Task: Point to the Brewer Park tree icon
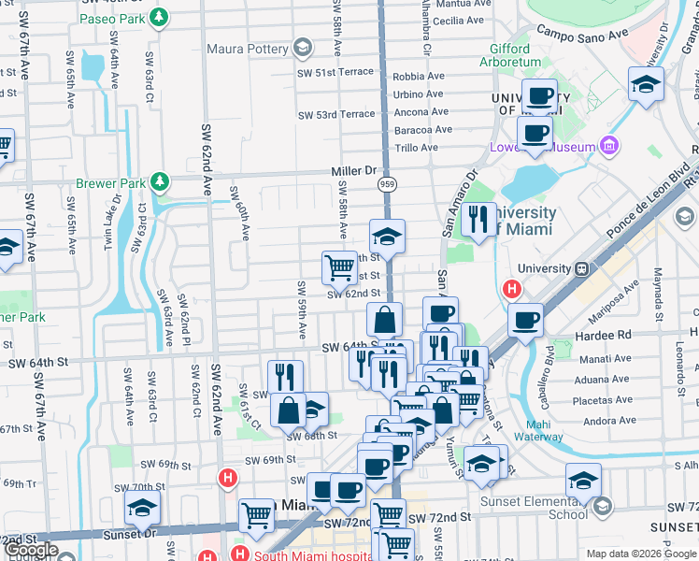click(x=161, y=180)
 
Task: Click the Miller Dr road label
click(x=352, y=171)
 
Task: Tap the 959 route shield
click(x=386, y=185)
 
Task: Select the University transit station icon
click(x=581, y=268)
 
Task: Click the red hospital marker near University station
click(x=512, y=290)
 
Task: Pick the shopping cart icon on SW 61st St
click(x=339, y=267)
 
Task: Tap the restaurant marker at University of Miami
click(x=478, y=220)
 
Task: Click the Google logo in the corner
click(x=31, y=550)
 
